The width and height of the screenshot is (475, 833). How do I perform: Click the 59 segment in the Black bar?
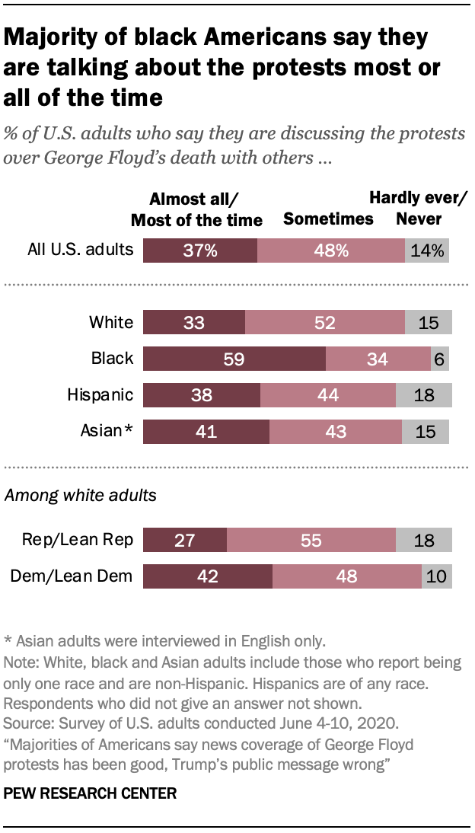pyautogui.click(x=234, y=359)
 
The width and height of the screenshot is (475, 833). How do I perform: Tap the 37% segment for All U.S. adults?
pyautogui.click(x=200, y=250)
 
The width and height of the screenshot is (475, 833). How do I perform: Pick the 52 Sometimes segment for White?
pyautogui.click(x=325, y=322)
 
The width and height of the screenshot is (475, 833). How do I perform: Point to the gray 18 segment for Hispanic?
pyautogui.click(x=423, y=395)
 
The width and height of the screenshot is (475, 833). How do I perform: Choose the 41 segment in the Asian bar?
pyautogui.click(x=206, y=432)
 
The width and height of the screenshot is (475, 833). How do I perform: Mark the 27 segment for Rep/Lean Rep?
pyautogui.click(x=185, y=541)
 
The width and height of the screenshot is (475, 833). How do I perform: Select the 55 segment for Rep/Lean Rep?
pyautogui.click(x=311, y=541)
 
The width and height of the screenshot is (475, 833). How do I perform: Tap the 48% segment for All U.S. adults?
pyautogui.click(x=331, y=250)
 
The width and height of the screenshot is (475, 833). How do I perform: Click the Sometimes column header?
pyautogui.click(x=328, y=219)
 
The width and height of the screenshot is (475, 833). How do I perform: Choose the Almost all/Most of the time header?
pyautogui.click(x=196, y=209)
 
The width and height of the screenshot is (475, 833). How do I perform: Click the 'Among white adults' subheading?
pyautogui.click(x=81, y=496)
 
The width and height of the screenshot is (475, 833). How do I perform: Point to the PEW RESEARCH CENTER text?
pyautogui.click(x=91, y=793)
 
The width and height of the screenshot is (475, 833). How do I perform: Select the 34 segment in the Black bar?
pyautogui.click(x=378, y=359)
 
